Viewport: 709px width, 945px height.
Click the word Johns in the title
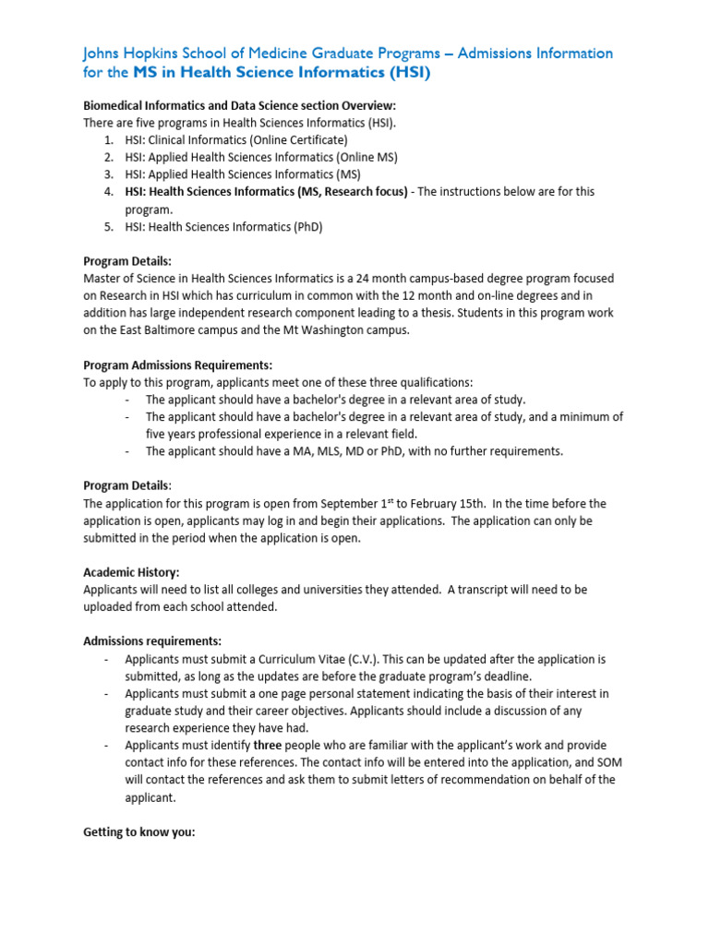click(103, 54)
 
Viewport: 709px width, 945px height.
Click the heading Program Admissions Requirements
click(177, 365)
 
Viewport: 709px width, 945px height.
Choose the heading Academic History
click(131, 572)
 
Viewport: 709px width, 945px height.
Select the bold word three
click(268, 745)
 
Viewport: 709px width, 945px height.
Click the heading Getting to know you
click(139, 831)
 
